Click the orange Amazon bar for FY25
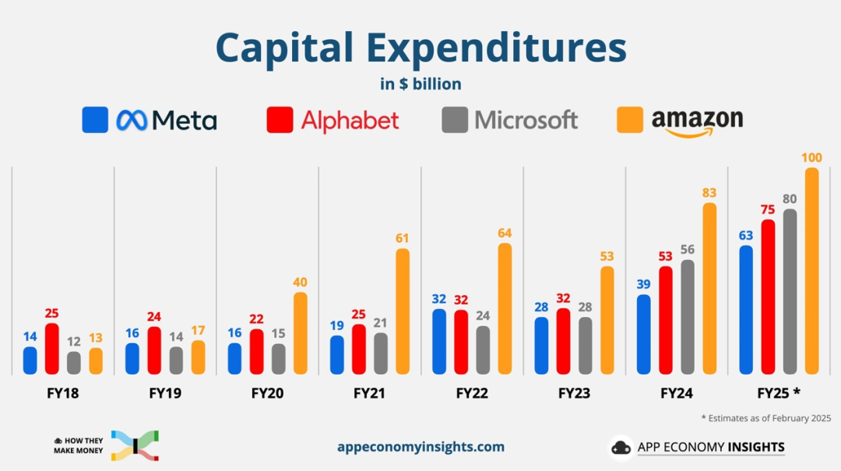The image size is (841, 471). [811, 270]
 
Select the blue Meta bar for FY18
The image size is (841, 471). [30, 360]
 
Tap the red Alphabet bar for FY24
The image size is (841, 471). [665, 319]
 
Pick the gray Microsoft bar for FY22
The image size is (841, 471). [483, 350]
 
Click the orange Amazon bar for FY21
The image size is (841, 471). [403, 311]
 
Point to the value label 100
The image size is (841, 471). [811, 158]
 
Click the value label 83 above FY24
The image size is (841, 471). [709, 193]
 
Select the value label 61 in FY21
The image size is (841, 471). [402, 238]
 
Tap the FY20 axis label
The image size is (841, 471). [267, 394]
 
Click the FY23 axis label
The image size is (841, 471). [574, 394]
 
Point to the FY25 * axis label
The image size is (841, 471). [781, 394]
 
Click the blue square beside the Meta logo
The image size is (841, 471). [95, 120]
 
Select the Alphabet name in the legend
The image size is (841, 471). [350, 121]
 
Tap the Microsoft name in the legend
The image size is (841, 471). [526, 121]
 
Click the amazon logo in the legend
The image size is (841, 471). [697, 122]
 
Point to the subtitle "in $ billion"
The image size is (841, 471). [420, 84]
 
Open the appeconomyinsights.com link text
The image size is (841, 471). [420, 447]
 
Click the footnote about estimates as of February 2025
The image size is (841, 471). [765, 418]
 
